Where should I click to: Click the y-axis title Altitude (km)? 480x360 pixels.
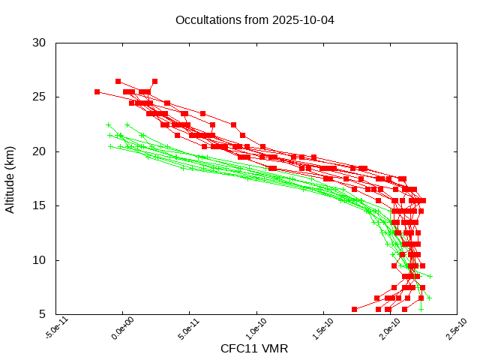tap(10, 178)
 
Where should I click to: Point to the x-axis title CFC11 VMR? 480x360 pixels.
tap(254, 349)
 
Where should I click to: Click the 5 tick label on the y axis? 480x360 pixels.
tap(43, 314)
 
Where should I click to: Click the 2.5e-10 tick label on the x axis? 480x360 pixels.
tap(453, 330)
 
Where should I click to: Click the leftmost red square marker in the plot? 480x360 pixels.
tap(97, 91)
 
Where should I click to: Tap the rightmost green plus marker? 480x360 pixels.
tap(430, 276)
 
